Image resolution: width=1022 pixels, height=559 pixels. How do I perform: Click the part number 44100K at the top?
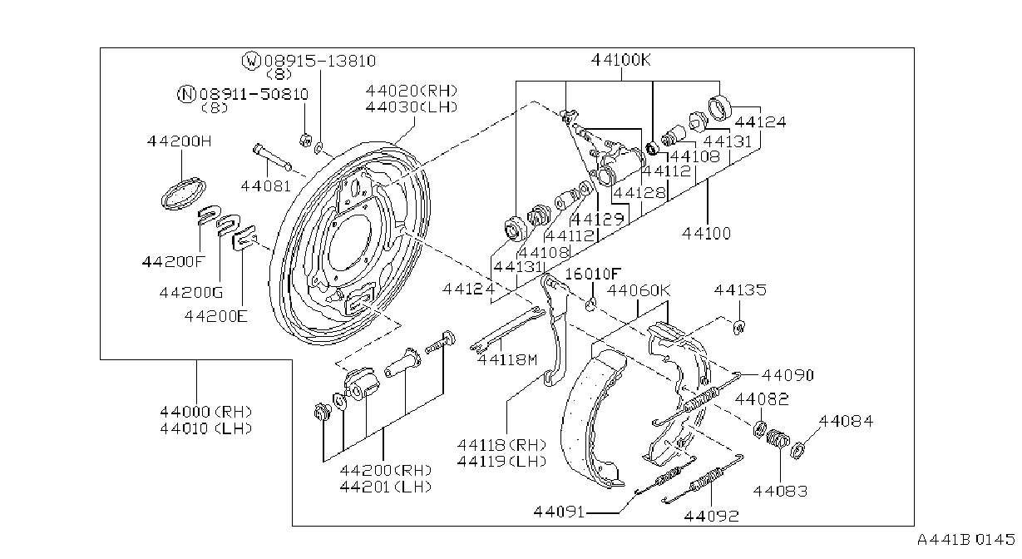621,60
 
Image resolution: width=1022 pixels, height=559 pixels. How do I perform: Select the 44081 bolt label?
265,186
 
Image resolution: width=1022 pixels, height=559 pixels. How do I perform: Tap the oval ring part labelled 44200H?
184,194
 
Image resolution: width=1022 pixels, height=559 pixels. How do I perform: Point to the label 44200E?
216,316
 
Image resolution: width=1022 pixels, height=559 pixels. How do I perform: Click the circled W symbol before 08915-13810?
251,61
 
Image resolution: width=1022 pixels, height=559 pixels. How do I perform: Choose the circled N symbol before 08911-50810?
186,95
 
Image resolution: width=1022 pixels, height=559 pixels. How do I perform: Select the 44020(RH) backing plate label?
412,91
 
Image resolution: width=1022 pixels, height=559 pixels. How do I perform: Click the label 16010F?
593,274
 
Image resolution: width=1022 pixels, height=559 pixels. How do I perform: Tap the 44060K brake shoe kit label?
639,290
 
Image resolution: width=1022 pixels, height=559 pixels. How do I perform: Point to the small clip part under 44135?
738,327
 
